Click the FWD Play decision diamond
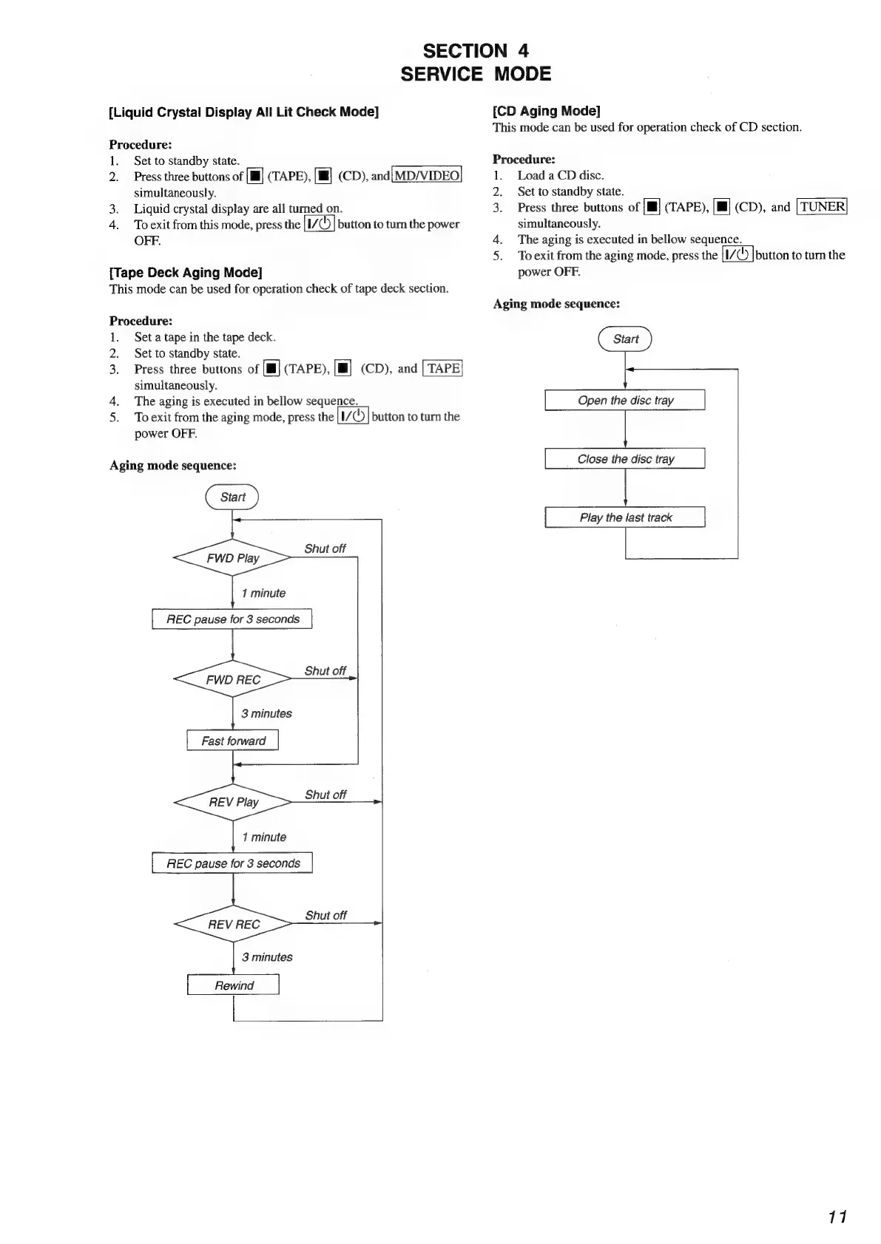232,558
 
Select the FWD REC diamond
232,679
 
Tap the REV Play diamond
233,802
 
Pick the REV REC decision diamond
233,924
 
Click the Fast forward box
233,741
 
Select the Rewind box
233,985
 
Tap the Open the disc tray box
625,400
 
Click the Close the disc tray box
625,459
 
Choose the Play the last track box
625,517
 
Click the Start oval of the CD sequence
625,339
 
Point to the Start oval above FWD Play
232,497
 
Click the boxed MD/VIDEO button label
427,175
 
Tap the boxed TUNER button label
822,207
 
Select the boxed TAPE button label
443,368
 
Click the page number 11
837,1217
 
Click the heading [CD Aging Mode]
546,111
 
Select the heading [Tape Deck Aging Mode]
186,272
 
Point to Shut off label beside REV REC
325,915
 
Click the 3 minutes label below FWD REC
266,713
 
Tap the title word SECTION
465,51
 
